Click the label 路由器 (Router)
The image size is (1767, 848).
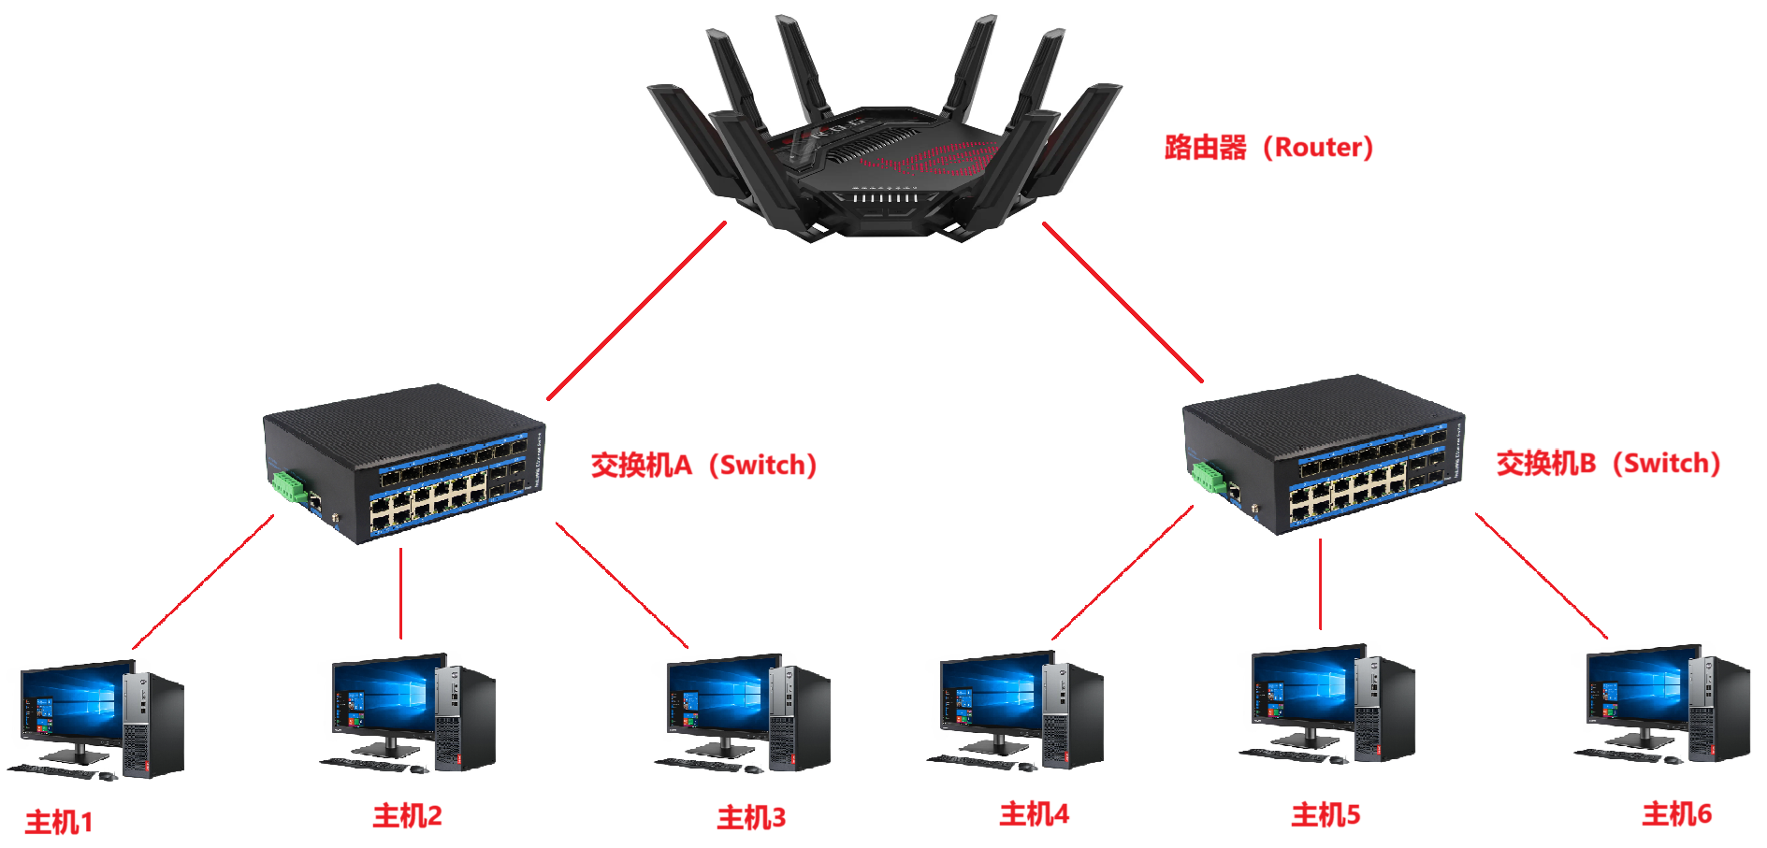click(1267, 147)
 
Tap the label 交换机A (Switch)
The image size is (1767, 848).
click(703, 465)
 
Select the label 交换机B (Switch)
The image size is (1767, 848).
click(1608, 463)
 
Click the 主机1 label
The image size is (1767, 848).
click(59, 823)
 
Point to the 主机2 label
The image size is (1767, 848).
click(407, 816)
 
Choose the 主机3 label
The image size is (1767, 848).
click(751, 818)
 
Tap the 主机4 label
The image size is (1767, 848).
click(1034, 814)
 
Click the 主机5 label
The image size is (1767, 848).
click(1325, 815)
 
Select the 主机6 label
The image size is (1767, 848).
click(1676, 814)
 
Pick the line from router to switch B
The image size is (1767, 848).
click(1122, 302)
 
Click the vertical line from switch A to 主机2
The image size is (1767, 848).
click(400, 594)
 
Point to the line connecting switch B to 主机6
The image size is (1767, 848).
click(1542, 576)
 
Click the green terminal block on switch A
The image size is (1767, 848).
click(290, 487)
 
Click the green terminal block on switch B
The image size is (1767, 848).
click(1209, 476)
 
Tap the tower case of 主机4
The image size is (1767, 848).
click(1071, 715)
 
